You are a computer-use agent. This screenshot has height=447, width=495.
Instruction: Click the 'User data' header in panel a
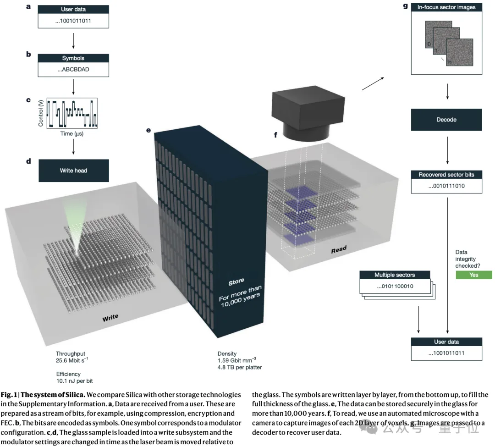tap(73, 10)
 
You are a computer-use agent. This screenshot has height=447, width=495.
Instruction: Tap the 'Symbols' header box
tap(73, 58)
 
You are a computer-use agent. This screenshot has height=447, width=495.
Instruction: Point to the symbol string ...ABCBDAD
tap(73, 70)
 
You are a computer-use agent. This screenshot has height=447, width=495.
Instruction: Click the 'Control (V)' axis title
tap(41, 113)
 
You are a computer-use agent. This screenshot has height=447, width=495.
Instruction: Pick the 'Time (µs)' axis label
tap(72, 133)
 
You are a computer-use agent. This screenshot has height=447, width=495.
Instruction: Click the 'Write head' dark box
tap(73, 171)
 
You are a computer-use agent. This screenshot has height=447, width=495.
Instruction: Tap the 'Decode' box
tap(446, 120)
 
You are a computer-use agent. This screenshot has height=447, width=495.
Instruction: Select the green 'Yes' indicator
tap(473, 275)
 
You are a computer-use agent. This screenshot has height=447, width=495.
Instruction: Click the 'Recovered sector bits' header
tap(446, 175)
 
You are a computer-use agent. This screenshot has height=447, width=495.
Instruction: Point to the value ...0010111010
tap(446, 187)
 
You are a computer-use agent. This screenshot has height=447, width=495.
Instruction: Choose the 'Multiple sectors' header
tap(395, 275)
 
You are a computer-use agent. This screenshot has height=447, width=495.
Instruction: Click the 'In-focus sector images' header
tap(446, 7)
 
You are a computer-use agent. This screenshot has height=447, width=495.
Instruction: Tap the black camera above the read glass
tap(308, 112)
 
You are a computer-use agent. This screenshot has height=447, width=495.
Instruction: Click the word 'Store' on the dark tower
tap(236, 281)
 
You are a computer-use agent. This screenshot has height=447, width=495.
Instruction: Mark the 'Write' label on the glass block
tap(110, 317)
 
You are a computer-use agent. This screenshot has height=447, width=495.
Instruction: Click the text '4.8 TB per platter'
tap(239, 367)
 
